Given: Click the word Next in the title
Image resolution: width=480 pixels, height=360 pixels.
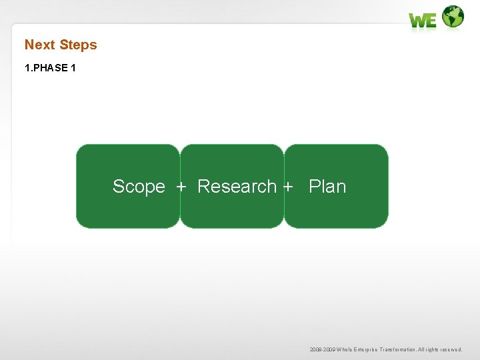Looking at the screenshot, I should tap(40, 45).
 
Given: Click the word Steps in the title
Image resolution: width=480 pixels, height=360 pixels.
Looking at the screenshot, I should tap(78, 45).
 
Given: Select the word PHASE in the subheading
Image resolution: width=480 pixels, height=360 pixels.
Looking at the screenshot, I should tap(51, 68).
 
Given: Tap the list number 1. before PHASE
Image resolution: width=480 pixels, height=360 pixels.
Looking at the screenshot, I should tap(29, 68).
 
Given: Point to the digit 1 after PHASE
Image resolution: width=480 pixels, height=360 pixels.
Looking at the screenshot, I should tap(73, 68).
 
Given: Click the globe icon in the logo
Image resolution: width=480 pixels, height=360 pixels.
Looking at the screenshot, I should tap(453, 17).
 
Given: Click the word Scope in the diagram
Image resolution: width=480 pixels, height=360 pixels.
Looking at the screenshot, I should tap(139, 187).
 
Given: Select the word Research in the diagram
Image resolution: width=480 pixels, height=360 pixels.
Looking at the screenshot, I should tap(237, 186).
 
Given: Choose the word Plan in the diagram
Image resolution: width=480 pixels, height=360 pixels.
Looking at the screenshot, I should tap(327, 186).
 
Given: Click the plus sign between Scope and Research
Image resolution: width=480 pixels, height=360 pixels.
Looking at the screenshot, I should tap(181, 187).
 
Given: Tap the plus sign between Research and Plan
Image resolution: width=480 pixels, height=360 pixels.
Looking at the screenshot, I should tap(288, 187).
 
